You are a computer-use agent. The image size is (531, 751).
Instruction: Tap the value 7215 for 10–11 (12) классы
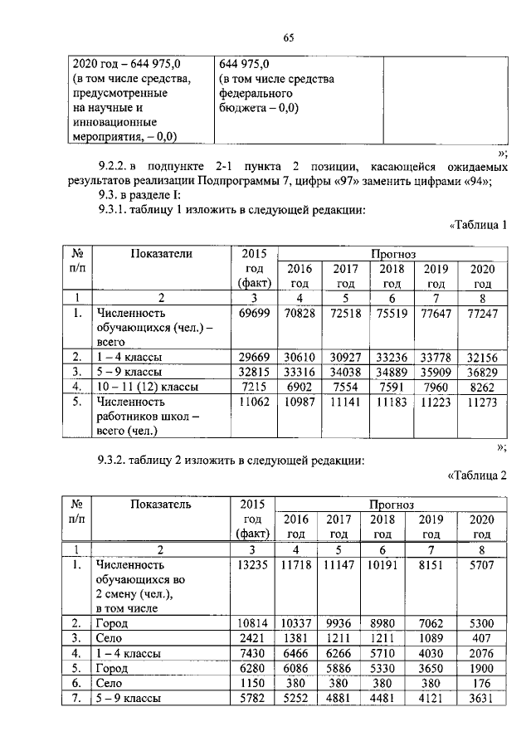pos(252,386)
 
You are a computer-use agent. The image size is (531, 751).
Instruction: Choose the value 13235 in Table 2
pos(252,565)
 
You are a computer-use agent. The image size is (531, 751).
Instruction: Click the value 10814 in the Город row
pos(252,623)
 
